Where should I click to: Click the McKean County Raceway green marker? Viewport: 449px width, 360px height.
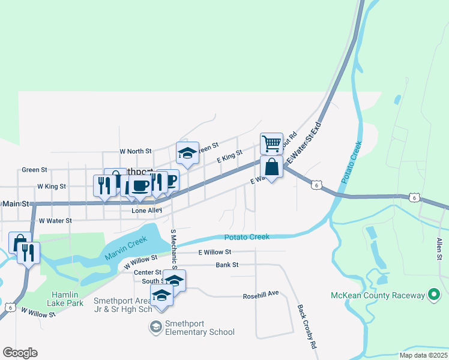433,295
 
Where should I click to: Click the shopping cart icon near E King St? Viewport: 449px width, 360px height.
271,143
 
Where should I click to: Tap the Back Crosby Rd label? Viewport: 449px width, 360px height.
306,327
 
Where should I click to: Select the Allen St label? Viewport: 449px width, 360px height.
439,249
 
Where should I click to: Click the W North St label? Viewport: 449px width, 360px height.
136,152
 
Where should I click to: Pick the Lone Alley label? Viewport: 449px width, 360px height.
147,211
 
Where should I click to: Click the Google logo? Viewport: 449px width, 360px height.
20,353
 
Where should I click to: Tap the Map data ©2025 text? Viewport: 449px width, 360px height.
423,355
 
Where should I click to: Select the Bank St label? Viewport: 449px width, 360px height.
228,265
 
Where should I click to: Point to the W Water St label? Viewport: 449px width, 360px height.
55,221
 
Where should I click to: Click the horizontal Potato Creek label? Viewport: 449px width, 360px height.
247,237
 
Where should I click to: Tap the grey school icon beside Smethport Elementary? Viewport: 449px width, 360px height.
155,327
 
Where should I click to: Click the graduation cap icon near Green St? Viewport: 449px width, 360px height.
187,153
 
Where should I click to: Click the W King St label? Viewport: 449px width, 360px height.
51,187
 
